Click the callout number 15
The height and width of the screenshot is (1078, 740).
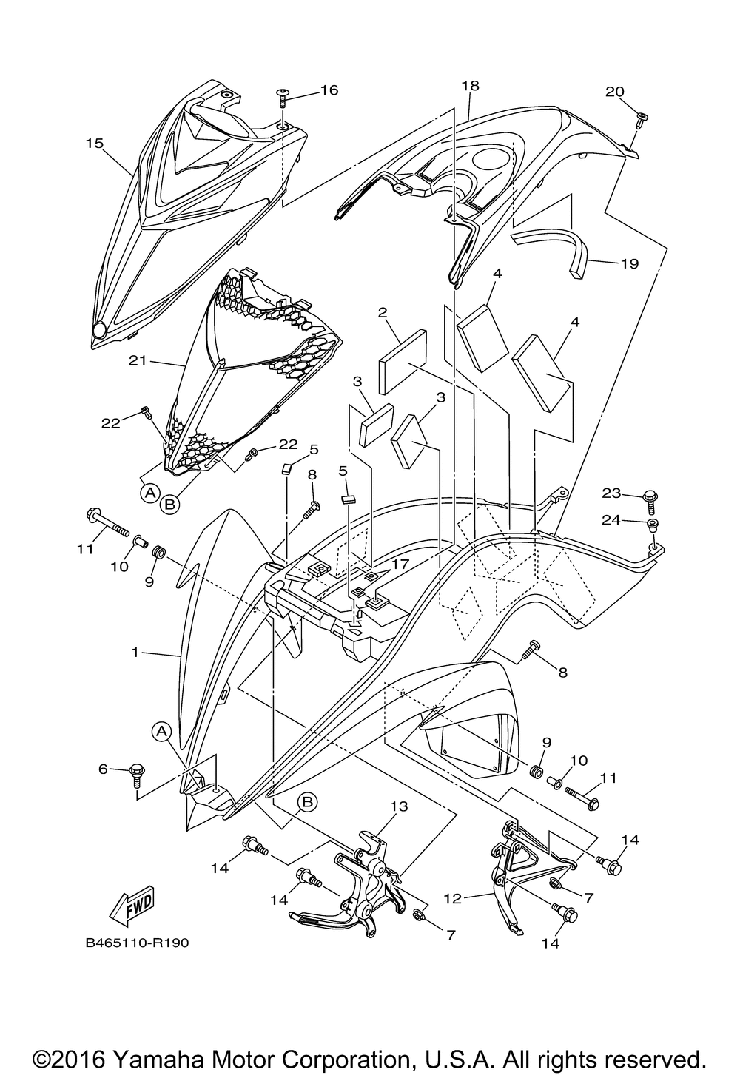coord(94,143)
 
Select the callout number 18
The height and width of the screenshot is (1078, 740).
coord(470,86)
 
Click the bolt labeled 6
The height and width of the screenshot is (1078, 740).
coord(137,774)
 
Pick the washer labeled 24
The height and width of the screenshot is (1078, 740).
coord(652,525)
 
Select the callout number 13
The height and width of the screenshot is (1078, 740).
coord(399,806)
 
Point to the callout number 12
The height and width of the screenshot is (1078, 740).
coord(453,898)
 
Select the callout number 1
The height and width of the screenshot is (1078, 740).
coord(135,653)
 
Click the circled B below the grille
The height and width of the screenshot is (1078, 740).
coord(169,504)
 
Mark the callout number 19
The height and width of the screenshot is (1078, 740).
coord(630,263)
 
